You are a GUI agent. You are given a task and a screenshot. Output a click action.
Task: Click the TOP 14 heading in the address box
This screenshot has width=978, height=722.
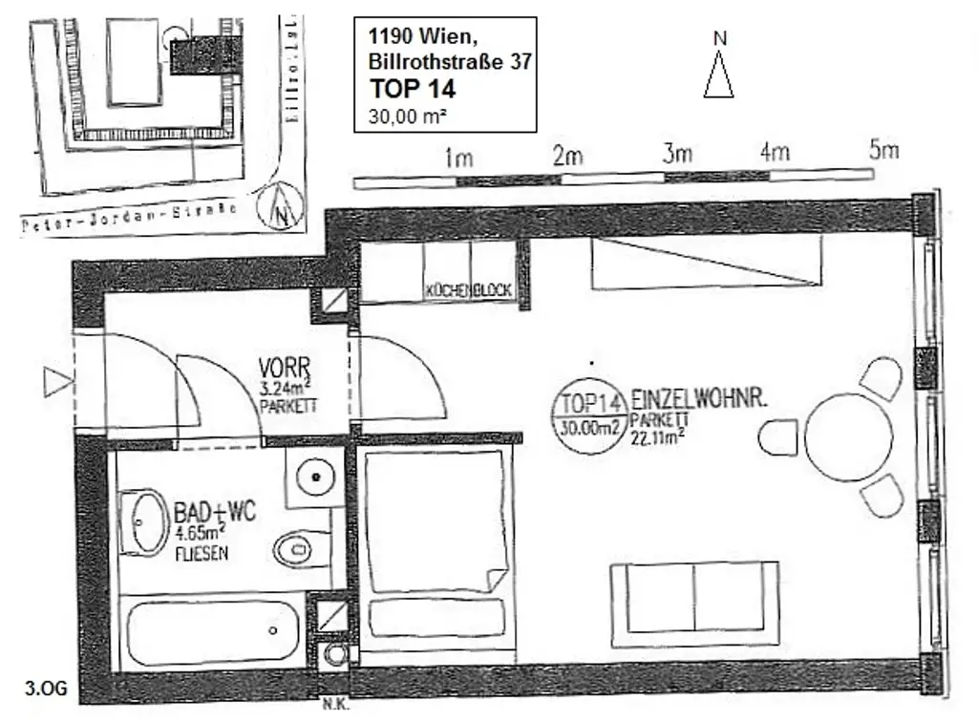click(x=413, y=90)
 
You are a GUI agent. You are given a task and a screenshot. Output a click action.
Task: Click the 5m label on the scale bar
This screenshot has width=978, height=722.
click(x=884, y=151)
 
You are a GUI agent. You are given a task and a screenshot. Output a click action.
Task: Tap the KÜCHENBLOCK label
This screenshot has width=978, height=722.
click(x=470, y=291)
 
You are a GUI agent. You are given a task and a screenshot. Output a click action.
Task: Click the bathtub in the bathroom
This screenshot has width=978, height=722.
click(x=212, y=631)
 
